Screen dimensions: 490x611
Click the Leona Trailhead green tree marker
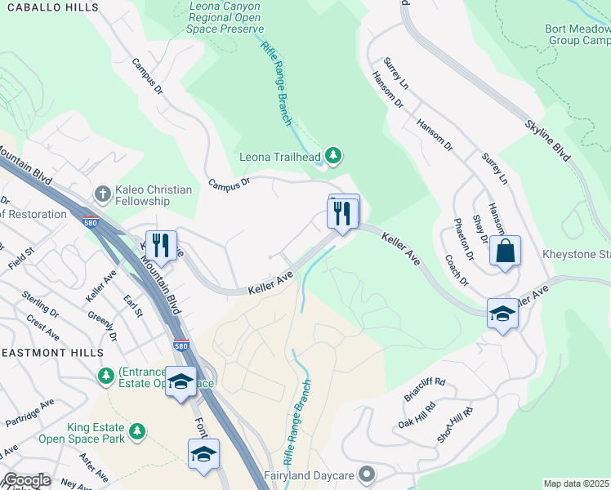[x=332, y=154]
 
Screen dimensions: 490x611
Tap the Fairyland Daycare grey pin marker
[x=367, y=474]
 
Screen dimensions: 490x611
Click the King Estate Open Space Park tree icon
[x=138, y=430]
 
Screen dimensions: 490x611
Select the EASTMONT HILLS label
[x=51, y=353]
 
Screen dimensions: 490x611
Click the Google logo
[x=27, y=480]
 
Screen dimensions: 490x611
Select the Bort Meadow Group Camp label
[x=578, y=34]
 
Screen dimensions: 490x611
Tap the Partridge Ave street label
[x=34, y=414]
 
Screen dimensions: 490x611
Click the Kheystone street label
[x=577, y=255]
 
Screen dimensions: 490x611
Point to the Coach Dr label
[x=456, y=270]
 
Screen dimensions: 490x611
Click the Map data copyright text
[x=576, y=483]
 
